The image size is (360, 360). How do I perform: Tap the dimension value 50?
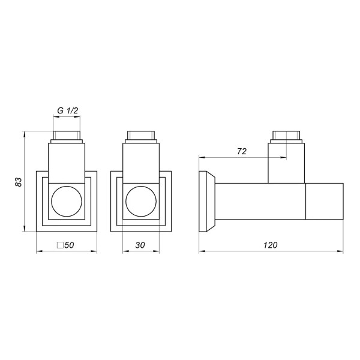(69, 245)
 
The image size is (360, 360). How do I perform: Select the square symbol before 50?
(59, 245)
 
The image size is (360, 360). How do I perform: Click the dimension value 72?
(242, 152)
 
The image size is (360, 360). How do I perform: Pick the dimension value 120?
(271, 245)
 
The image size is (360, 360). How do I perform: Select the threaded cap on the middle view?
(142, 136)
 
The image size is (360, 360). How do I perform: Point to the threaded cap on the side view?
(287, 136)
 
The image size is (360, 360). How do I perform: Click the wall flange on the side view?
(205, 201)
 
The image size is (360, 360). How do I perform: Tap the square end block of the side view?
(325, 201)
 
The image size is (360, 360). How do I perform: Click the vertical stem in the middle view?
(142, 162)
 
